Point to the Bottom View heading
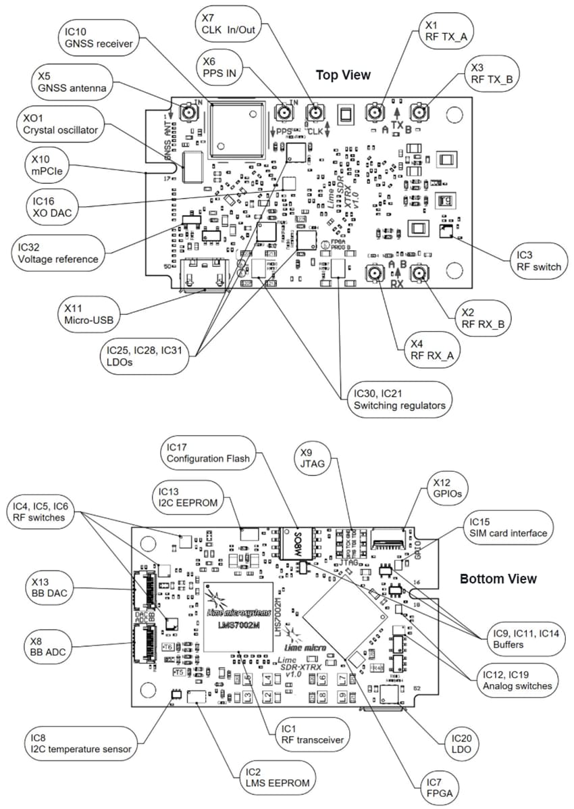(x=498, y=579)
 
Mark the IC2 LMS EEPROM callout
(x=268, y=777)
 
